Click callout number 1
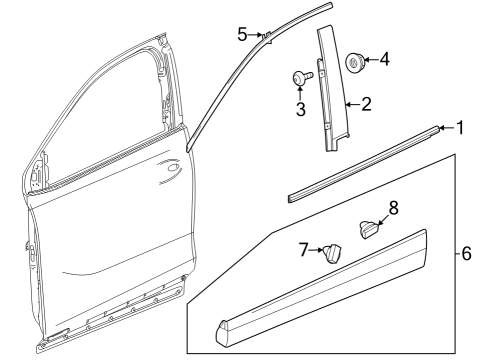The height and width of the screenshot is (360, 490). [460, 128]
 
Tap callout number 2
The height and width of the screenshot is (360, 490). [366, 102]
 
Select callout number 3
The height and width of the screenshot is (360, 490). [299, 108]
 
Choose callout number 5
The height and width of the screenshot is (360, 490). [242, 34]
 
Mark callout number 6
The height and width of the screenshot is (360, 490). [466, 254]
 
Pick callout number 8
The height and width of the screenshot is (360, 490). [393, 208]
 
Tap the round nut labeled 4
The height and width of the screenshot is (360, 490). [356, 63]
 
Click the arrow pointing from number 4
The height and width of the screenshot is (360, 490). [370, 61]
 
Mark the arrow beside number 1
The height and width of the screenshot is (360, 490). [447, 129]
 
